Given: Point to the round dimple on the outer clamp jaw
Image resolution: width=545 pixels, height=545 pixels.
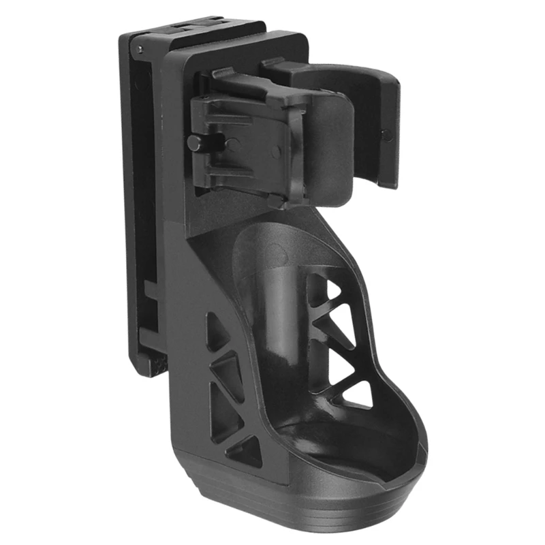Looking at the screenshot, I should (387, 134).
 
